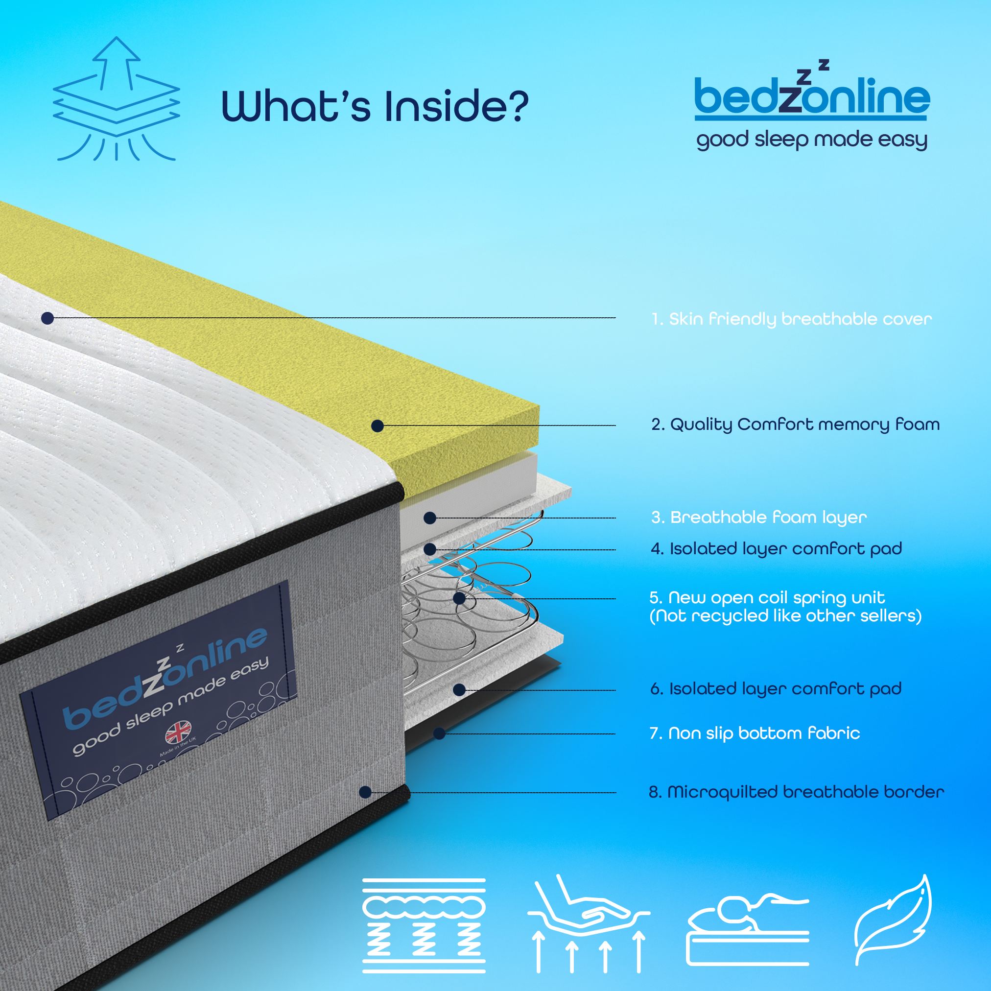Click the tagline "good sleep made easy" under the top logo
click(x=811, y=140)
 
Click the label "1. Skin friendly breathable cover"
click(x=791, y=319)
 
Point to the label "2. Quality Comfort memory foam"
click(x=795, y=425)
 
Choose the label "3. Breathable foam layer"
click(x=758, y=518)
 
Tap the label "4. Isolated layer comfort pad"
click(x=776, y=549)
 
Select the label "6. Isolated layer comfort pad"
click(x=776, y=689)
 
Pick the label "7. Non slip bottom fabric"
click(x=755, y=733)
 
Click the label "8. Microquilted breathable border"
click(x=796, y=792)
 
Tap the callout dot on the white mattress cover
click(x=47, y=319)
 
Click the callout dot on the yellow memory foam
click(x=378, y=426)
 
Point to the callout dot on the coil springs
click(x=459, y=598)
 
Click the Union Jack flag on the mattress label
click(x=178, y=732)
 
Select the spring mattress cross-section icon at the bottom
click(x=424, y=925)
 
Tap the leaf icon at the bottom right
click(x=893, y=920)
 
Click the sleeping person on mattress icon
click(x=747, y=928)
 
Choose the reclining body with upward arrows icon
click(x=589, y=923)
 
